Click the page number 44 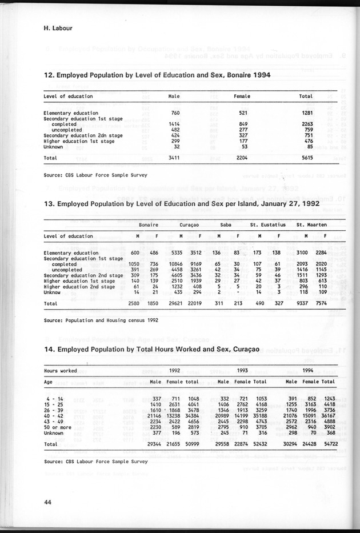pos(48,502)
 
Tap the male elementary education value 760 pos(175,113)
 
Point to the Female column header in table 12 pos(242,96)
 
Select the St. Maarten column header pos(311,225)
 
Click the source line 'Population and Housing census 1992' pos(101,320)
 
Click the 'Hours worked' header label pos(61,371)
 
